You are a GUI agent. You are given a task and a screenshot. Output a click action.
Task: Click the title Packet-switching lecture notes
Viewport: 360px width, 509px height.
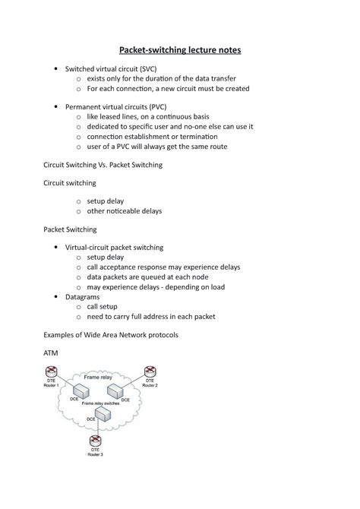tap(179, 50)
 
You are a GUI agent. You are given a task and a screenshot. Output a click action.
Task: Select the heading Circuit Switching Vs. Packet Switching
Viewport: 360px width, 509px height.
tap(103, 164)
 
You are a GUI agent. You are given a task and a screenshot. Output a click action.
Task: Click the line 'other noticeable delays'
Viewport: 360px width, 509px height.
tap(125, 210)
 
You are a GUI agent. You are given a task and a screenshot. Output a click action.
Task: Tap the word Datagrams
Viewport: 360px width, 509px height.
tap(88, 297)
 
